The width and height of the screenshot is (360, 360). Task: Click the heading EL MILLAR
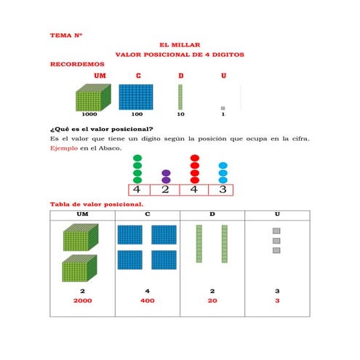pyautogui.click(x=180, y=45)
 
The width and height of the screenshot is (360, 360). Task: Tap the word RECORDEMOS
pyautogui.click(x=77, y=64)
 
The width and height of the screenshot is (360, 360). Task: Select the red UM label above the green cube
pyautogui.click(x=100, y=76)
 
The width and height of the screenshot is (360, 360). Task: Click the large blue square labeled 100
pyautogui.click(x=136, y=97)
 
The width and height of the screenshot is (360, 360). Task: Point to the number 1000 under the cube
pyautogui.click(x=89, y=114)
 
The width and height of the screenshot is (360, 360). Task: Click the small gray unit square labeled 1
pyautogui.click(x=223, y=108)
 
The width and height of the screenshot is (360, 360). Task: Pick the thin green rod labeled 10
pyautogui.click(x=180, y=97)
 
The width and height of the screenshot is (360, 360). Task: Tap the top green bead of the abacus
pyautogui.click(x=137, y=158)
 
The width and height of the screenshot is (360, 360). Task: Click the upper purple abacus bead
pyautogui.click(x=166, y=173)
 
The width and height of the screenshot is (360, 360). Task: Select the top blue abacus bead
pyautogui.click(x=223, y=166)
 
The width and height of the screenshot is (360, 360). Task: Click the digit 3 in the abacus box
pyautogui.click(x=223, y=189)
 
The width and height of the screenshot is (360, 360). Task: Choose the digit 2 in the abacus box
pyautogui.click(x=165, y=189)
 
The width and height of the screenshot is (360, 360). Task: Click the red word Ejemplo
pyautogui.click(x=64, y=148)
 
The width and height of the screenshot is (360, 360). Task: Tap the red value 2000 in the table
pyautogui.click(x=83, y=300)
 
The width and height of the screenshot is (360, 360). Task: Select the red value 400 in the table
pyautogui.click(x=148, y=300)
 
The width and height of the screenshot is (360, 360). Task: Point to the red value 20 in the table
pyautogui.click(x=212, y=300)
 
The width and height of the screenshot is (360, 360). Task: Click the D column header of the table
pyautogui.click(x=212, y=215)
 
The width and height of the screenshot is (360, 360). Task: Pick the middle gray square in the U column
pyautogui.click(x=276, y=241)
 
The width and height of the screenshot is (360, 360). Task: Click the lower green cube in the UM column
pyautogui.click(x=79, y=268)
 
